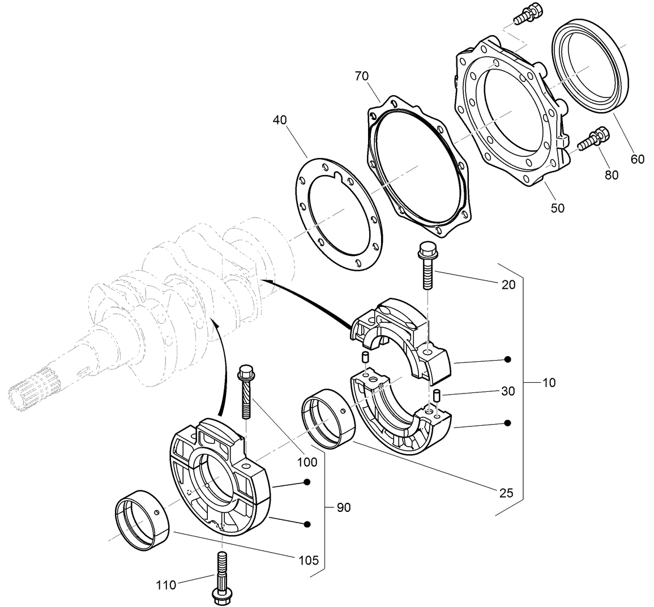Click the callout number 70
tap(362, 75)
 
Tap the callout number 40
tap(279, 120)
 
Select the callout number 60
tap(637, 160)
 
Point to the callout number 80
tap(612, 175)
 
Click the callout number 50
tap(557, 208)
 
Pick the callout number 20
tap(508, 284)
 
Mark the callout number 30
tap(507, 391)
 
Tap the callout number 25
tap(506, 493)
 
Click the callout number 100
tap(307, 462)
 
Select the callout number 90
tap(343, 507)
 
